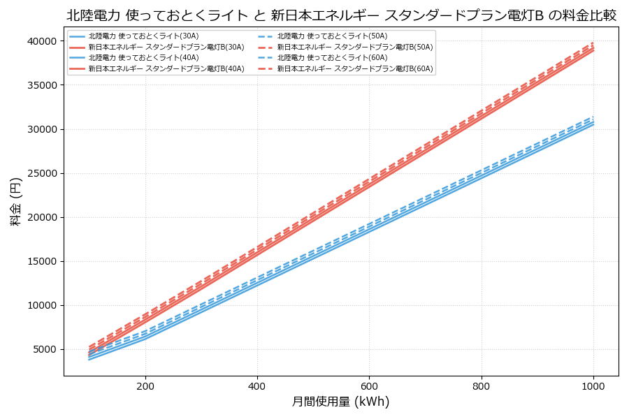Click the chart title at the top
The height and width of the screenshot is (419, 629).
pos(341,15)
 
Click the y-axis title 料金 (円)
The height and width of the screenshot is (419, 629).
pos(15,201)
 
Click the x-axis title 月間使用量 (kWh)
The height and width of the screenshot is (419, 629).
pos(340,402)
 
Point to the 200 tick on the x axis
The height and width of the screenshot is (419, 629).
pos(145,385)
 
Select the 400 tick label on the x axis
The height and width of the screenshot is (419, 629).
pos(257,385)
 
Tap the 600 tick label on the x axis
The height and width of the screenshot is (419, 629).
pos(369,385)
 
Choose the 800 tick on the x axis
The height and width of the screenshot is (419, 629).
pos(482,385)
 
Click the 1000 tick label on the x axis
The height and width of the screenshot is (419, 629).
pos(593,385)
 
